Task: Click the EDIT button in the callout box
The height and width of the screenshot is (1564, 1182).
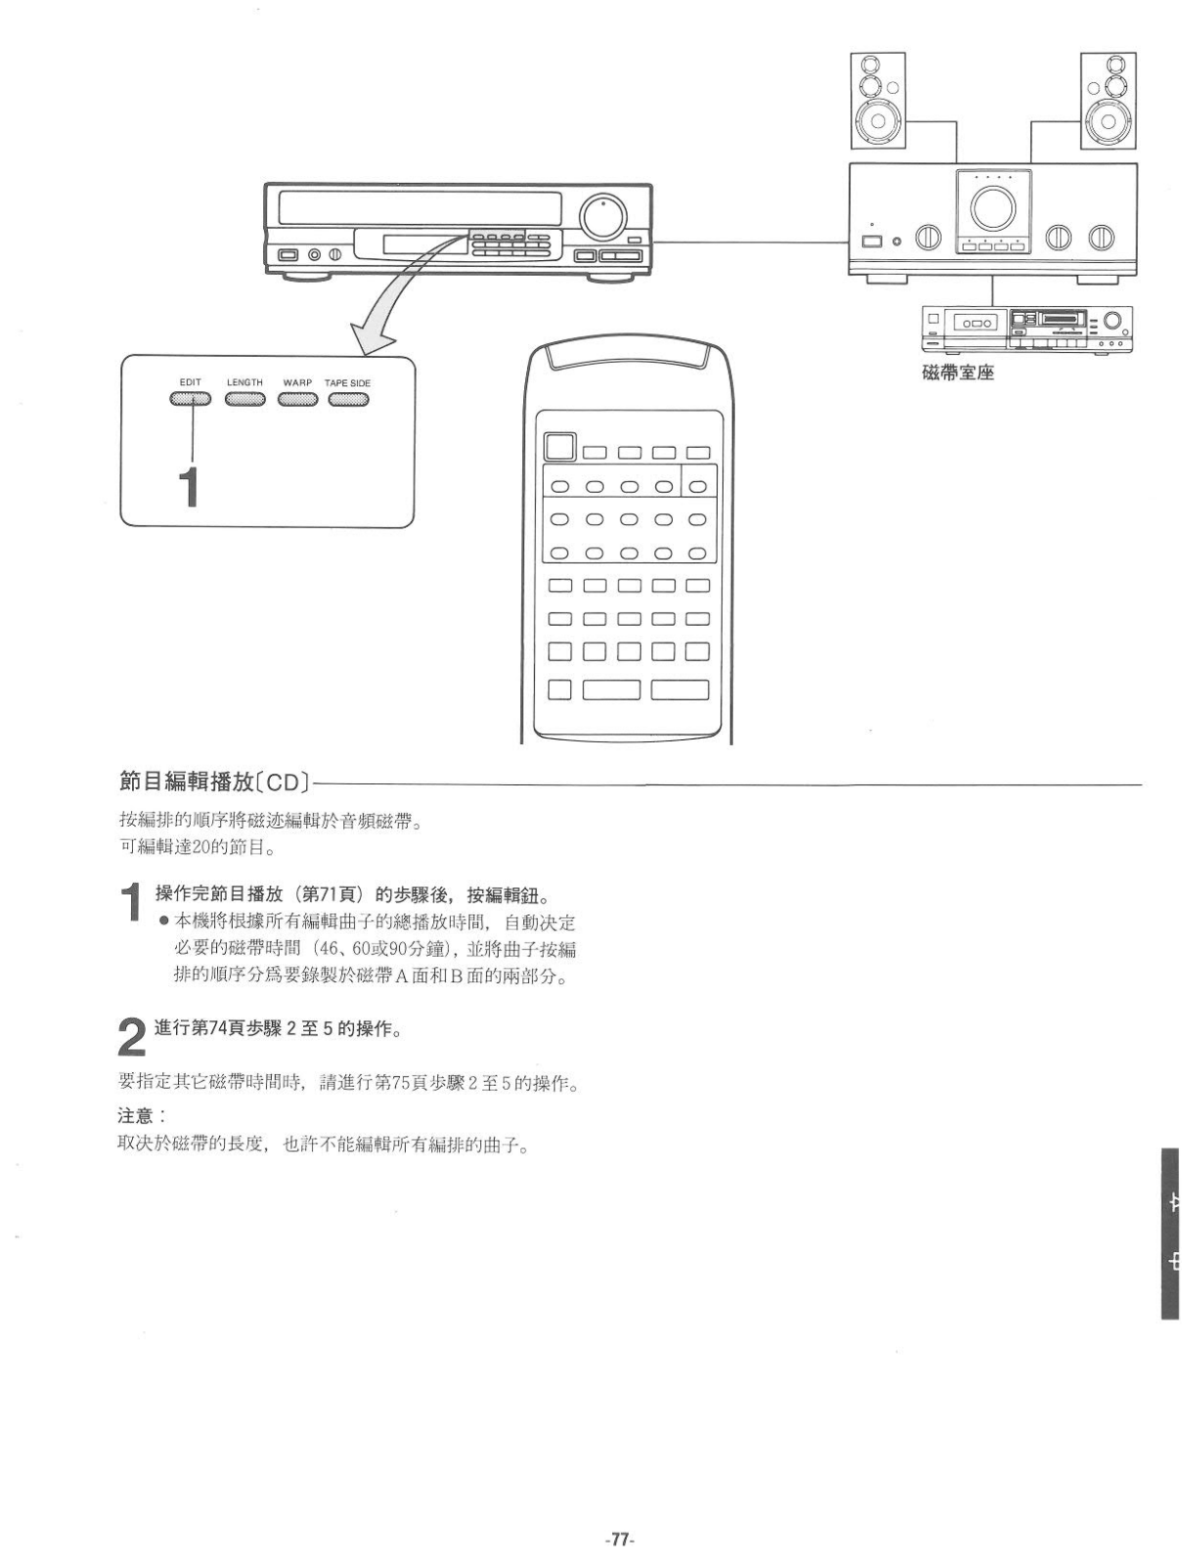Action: (190, 399)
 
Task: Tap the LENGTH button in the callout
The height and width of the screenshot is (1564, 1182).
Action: (244, 399)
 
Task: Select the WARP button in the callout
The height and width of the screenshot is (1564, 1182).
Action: (297, 399)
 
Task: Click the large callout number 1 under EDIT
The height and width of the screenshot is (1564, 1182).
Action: (189, 486)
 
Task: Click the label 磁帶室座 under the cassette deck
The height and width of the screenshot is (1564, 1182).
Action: (957, 372)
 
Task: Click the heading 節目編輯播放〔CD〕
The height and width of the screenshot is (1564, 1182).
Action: (214, 782)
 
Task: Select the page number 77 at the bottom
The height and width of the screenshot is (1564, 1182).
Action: (619, 1539)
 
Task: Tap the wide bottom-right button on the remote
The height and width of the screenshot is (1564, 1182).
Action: (679, 689)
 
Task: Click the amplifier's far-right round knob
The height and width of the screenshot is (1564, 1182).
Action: (1101, 237)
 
